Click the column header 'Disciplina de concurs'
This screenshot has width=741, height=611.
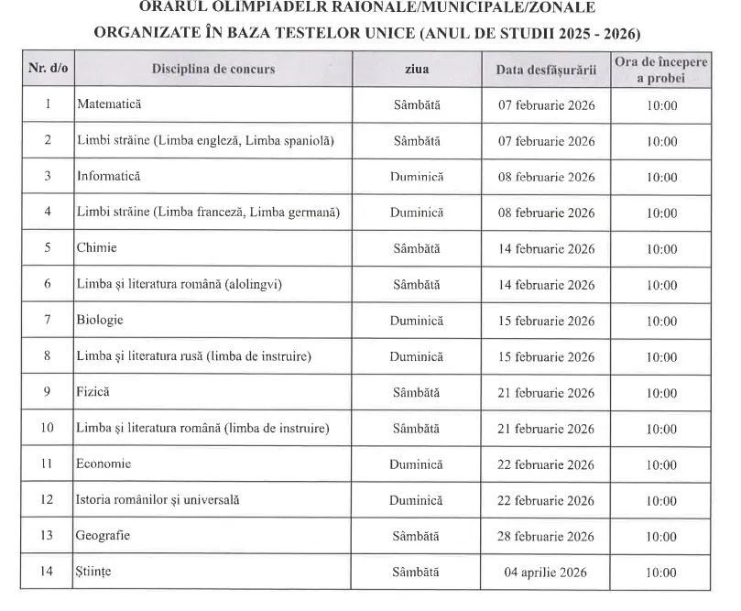[212, 69]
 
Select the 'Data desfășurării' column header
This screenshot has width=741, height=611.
[546, 69]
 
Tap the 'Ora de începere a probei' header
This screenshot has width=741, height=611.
[660, 69]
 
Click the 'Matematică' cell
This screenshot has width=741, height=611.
[109, 105]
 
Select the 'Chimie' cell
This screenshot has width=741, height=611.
[96, 248]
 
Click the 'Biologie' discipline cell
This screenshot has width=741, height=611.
[100, 321]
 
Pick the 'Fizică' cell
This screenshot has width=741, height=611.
[93, 393]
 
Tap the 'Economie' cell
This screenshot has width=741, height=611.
[104, 464]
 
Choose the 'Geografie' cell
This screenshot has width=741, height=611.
[103, 537]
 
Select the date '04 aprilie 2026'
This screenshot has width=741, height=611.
[546, 573]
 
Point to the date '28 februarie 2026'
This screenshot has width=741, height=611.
[546, 537]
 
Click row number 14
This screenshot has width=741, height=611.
[47, 573]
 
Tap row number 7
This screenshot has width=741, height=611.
[47, 321]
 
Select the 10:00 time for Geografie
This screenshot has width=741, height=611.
[660, 537]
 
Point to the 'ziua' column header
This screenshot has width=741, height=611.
[416, 69]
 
